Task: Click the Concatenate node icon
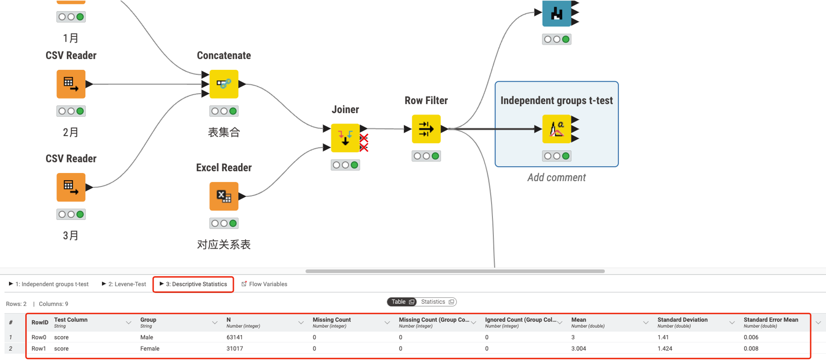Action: click(x=224, y=84)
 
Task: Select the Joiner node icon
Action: click(x=345, y=138)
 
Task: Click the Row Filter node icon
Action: click(x=426, y=129)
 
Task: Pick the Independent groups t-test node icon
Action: click(x=556, y=129)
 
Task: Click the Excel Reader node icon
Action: click(x=224, y=196)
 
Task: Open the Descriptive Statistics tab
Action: click(x=193, y=284)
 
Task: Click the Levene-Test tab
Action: click(x=124, y=284)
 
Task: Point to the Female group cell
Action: click(x=150, y=348)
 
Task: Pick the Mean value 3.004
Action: click(x=578, y=348)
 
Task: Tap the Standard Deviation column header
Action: click(x=682, y=320)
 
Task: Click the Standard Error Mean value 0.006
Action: click(x=751, y=337)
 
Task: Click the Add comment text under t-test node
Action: click(x=556, y=178)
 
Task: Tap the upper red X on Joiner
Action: click(x=364, y=138)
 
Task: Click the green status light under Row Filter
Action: click(x=435, y=156)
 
